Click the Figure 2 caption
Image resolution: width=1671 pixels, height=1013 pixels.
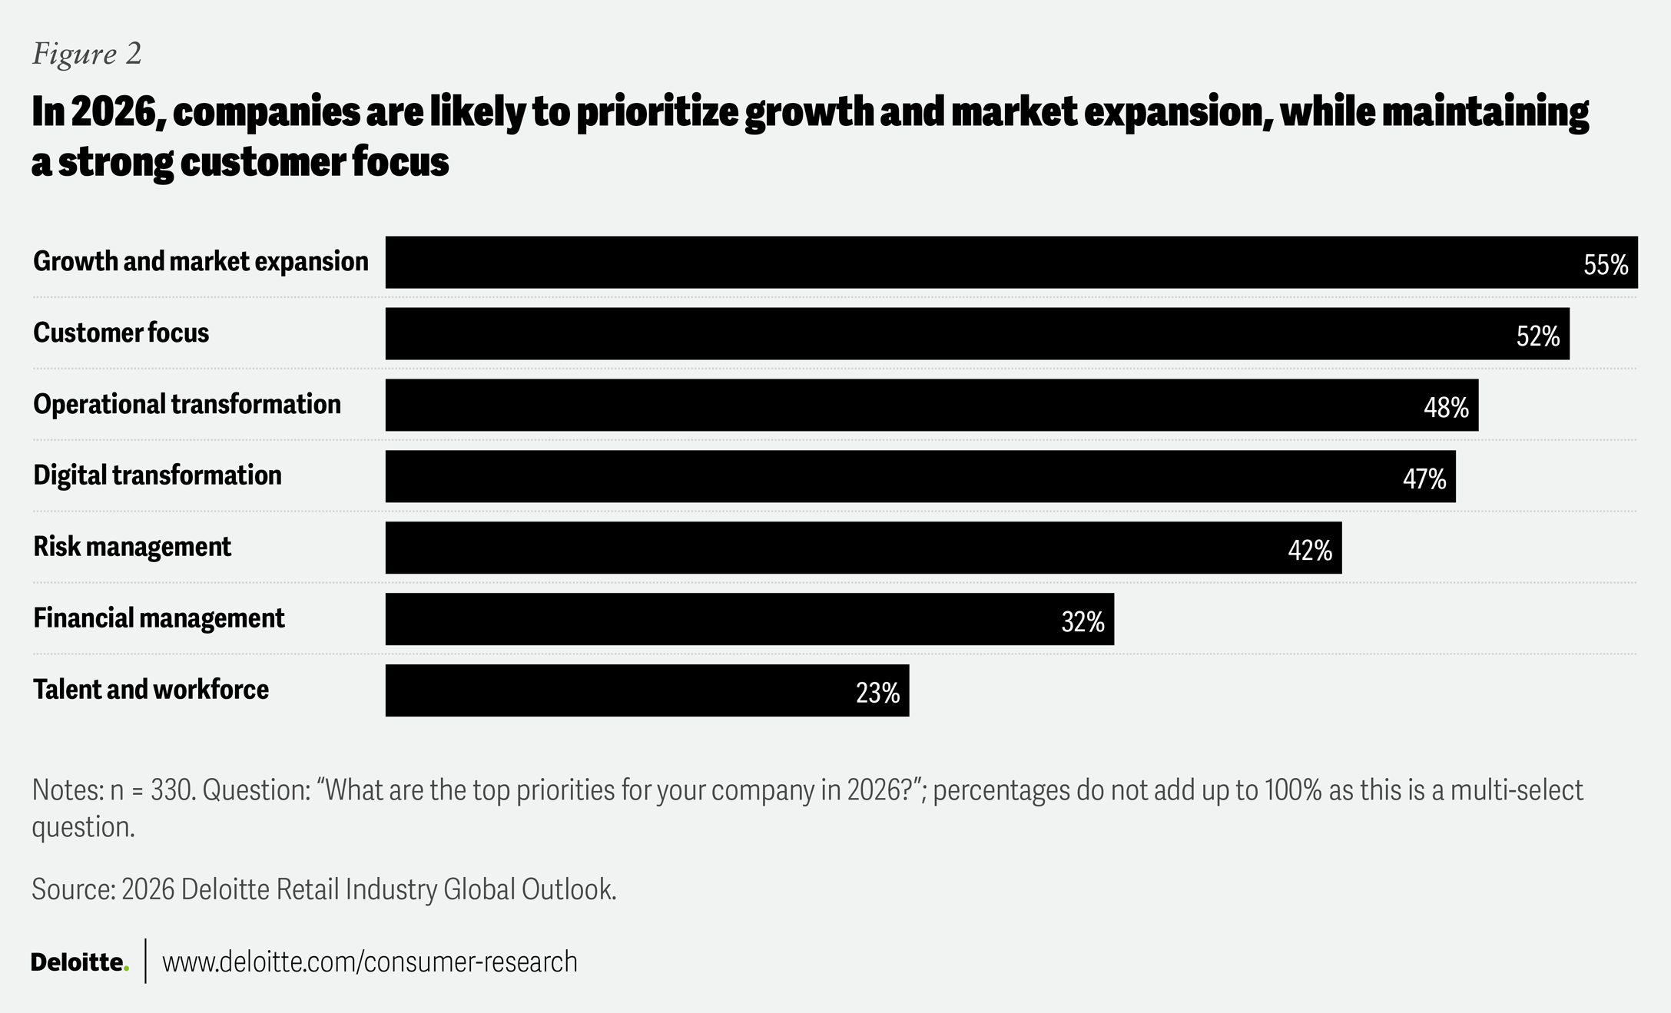[x=87, y=54]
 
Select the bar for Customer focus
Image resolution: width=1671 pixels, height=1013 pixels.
[x=976, y=333]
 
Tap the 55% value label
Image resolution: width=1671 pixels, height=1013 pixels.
[x=1605, y=265]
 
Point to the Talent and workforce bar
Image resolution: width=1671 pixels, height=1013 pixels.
[x=646, y=690]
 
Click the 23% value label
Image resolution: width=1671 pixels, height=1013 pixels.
[x=877, y=694]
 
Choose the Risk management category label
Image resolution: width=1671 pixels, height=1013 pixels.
[x=132, y=547]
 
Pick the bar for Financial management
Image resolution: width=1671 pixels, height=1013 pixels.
[x=749, y=619]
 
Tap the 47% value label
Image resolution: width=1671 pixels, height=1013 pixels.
[x=1424, y=479]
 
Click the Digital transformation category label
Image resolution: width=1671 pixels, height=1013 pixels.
[x=157, y=475]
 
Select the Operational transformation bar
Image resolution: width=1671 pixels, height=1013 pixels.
[x=931, y=405]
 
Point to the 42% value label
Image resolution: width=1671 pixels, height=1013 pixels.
[x=1309, y=551]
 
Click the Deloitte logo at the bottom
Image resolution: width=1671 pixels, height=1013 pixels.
[x=79, y=962]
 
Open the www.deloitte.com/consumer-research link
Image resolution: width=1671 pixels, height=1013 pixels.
[x=370, y=962]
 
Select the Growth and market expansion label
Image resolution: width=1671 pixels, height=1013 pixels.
[x=201, y=262]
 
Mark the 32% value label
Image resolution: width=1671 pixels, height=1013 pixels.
[x=1083, y=622]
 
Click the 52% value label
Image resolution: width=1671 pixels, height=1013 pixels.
[x=1537, y=336]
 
